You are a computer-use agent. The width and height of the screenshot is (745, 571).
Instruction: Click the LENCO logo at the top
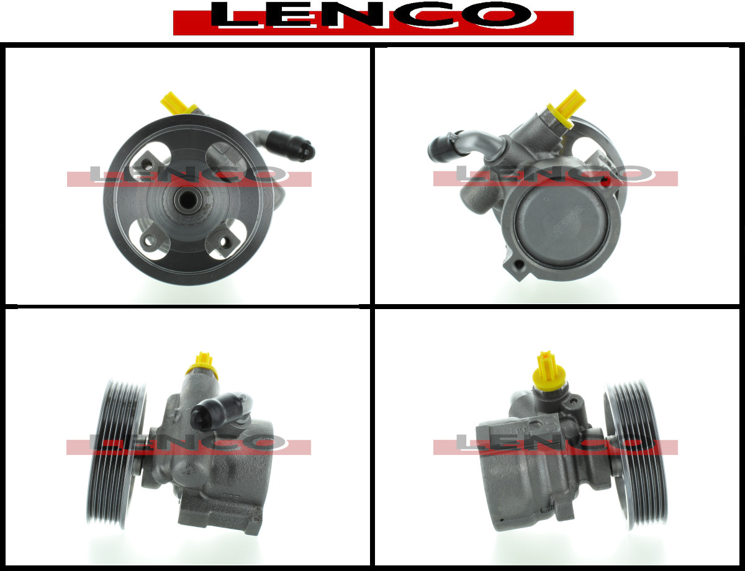(x=373, y=18)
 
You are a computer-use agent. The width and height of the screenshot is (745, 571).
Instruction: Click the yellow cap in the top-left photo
(x=178, y=103)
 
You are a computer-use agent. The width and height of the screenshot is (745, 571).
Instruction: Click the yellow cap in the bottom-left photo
(x=202, y=366)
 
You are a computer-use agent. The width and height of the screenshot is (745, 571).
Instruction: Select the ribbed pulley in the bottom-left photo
(x=116, y=457)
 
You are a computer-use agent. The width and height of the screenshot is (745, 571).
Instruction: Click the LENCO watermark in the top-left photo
(x=189, y=176)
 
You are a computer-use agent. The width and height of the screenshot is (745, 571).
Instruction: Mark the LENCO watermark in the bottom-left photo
(x=189, y=444)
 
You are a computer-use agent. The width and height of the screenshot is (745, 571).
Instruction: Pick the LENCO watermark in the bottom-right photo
(x=556, y=444)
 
